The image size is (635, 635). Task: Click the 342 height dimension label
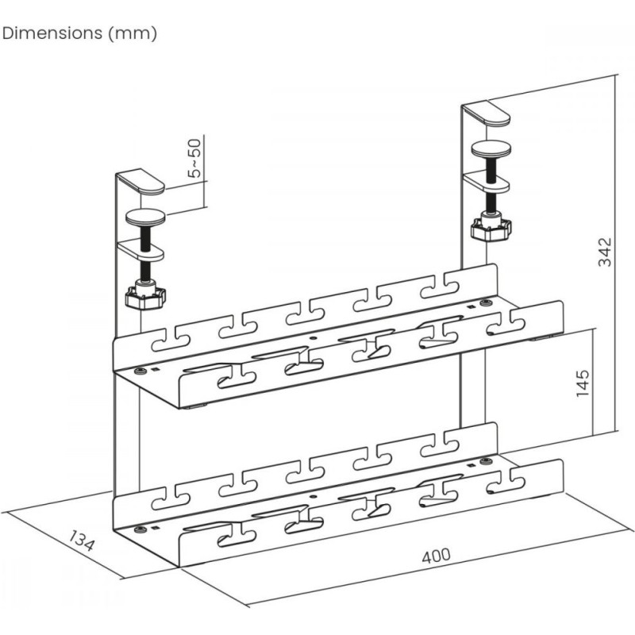click(x=605, y=252)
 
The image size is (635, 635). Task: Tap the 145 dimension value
click(x=583, y=383)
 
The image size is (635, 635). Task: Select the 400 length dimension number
click(x=436, y=556)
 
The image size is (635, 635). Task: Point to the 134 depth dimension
click(x=82, y=541)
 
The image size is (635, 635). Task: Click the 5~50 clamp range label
click(x=194, y=158)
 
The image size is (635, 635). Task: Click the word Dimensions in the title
click(x=52, y=33)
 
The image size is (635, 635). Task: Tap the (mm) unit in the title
click(x=133, y=33)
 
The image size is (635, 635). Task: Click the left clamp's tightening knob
click(x=145, y=298)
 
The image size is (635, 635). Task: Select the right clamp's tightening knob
click(x=491, y=228)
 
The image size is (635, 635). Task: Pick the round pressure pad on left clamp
click(x=145, y=217)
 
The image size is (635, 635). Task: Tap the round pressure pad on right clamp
click(x=491, y=149)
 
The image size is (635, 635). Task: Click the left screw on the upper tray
click(x=140, y=371)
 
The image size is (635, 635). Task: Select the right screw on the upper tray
click(x=484, y=302)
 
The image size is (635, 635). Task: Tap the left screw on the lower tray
click(x=140, y=529)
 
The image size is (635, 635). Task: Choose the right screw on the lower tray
click(x=484, y=461)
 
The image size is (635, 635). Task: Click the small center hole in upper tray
click(x=312, y=337)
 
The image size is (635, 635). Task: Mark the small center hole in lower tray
click(x=312, y=495)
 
